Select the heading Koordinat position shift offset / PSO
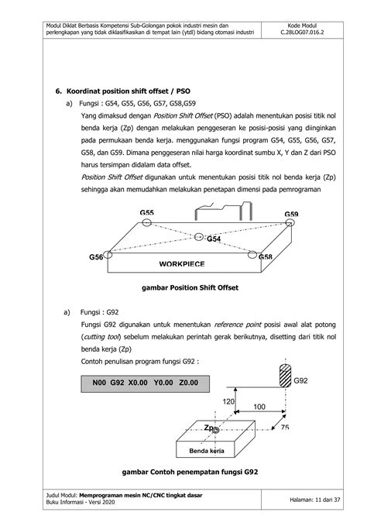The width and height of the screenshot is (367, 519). (122, 90)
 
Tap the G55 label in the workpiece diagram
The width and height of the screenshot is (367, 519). (146, 212)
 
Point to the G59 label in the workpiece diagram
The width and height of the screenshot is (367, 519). (291, 214)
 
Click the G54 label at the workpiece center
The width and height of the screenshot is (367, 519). (214, 239)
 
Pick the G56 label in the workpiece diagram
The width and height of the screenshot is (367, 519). (96, 256)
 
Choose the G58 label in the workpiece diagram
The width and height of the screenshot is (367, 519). (265, 256)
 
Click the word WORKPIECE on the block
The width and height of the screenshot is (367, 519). (182, 264)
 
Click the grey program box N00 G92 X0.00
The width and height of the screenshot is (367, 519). (145, 382)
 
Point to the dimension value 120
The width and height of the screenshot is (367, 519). (228, 402)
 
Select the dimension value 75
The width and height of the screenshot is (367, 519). (285, 428)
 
